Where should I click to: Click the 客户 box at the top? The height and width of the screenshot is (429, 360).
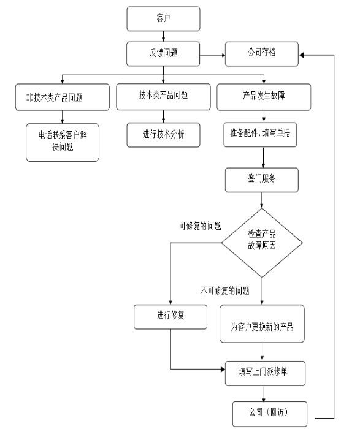(163, 19)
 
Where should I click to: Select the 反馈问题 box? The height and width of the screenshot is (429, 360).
(163, 54)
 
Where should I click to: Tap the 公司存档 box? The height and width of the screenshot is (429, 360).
(262, 54)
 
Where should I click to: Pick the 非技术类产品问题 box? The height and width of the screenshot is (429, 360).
(63, 97)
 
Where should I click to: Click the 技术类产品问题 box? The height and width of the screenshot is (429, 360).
(163, 97)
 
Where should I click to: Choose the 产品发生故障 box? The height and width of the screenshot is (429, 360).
(264, 97)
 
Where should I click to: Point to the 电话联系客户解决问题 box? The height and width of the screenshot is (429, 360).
(63, 142)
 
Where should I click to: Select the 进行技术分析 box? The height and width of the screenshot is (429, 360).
(163, 135)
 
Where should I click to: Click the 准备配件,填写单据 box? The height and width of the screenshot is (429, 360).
(260, 135)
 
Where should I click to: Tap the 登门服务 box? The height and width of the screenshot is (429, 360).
(262, 180)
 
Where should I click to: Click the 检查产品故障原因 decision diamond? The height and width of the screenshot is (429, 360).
(262, 243)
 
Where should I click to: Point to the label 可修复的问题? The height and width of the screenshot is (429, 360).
(200, 226)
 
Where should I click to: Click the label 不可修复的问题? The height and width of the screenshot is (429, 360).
(224, 291)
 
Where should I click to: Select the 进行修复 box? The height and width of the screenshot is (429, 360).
(170, 317)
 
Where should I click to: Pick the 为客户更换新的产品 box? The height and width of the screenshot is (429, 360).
(262, 324)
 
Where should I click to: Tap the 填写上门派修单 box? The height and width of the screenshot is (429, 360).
(265, 373)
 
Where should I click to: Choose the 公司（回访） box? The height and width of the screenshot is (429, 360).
(270, 414)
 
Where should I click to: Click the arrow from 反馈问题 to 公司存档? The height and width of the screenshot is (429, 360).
(212, 55)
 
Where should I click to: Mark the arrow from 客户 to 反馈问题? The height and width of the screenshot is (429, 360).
(163, 36)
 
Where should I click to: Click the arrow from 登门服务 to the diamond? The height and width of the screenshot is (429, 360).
(262, 200)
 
